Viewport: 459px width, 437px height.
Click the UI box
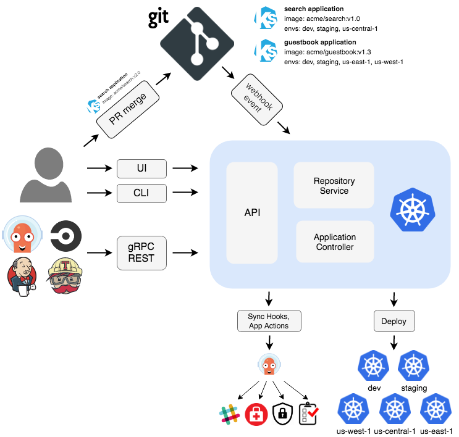[142, 168]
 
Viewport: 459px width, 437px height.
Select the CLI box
[142, 194]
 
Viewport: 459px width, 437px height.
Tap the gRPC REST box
[142, 252]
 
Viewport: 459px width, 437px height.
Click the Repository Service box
[334, 185]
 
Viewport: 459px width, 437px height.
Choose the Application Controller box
[334, 242]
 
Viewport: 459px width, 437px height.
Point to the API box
[252, 213]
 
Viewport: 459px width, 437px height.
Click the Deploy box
[394, 321]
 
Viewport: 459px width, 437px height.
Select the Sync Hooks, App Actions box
[268, 321]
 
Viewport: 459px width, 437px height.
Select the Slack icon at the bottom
[229, 414]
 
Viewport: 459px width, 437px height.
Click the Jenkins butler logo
[22, 276]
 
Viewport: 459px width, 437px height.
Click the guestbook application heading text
[314, 43]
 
